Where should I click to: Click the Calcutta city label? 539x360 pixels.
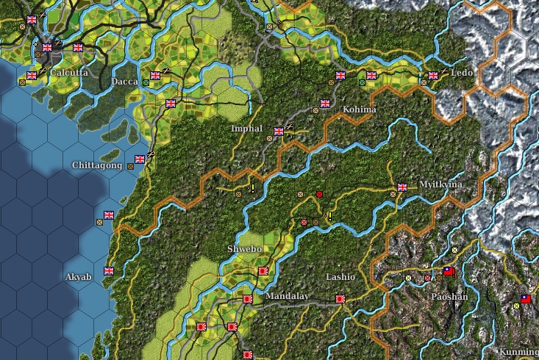[x=69, y=73]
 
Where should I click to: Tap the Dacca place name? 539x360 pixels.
[x=124, y=82]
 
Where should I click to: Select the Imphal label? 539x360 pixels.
[x=246, y=129]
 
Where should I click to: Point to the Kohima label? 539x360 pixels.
[x=360, y=109]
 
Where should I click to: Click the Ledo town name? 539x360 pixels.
[x=462, y=73]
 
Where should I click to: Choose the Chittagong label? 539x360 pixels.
[x=97, y=165]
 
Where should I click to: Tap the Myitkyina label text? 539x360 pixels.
[x=440, y=184]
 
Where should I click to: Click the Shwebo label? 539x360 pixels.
[x=244, y=249]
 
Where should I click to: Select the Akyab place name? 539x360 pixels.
[x=79, y=277]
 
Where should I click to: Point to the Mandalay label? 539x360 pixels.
[x=288, y=296]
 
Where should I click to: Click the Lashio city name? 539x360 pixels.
[x=340, y=277]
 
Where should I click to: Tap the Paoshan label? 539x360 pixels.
[x=449, y=297]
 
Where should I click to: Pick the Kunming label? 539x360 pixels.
[x=518, y=352]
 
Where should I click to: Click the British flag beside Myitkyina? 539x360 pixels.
[x=402, y=187]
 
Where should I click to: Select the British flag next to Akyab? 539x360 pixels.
[x=109, y=271]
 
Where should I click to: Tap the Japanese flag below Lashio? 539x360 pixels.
[x=340, y=299]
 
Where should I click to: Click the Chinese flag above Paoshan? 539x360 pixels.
[x=449, y=272]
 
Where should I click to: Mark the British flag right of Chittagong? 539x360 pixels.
[x=140, y=159]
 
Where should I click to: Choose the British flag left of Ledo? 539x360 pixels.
[x=433, y=75]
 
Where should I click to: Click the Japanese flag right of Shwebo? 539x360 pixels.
[x=263, y=271]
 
